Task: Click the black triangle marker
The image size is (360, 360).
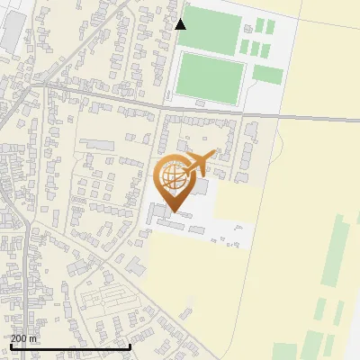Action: coord(181,24)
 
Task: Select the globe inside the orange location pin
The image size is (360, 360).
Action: coord(174,178)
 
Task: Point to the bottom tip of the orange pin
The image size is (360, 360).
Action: coord(174,212)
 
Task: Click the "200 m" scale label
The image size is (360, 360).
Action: coord(24,338)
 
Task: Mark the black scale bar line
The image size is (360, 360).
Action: coord(70,346)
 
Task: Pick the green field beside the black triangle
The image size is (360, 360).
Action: coord(212,33)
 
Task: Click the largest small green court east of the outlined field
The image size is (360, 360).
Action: coord(267,74)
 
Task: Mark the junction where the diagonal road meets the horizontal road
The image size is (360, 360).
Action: coord(42,85)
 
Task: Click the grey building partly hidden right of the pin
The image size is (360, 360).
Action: coord(201,188)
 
